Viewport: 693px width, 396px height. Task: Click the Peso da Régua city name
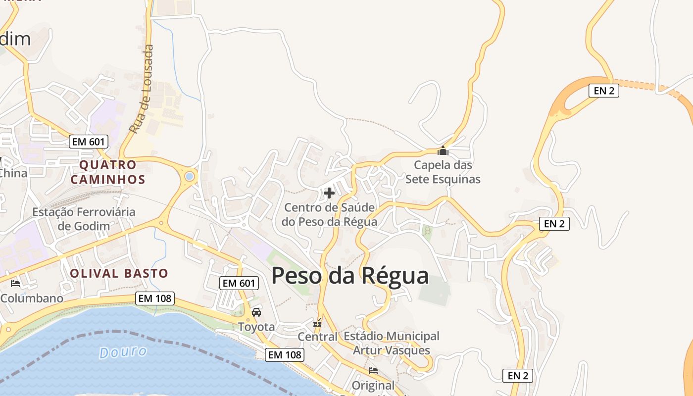coord(350,276)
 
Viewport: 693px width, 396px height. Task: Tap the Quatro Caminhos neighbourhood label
coord(108,172)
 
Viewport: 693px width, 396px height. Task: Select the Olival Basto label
coord(119,273)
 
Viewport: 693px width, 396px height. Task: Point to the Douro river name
coord(123,352)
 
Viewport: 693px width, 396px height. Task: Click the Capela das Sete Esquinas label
coord(443,172)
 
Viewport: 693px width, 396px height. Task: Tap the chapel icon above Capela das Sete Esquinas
coord(443,150)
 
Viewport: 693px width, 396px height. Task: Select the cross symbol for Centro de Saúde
coord(329,193)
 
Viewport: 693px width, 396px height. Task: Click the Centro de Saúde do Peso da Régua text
coord(329,214)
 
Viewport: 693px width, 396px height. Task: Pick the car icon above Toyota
coord(256,312)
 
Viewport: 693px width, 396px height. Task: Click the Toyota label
coord(256,327)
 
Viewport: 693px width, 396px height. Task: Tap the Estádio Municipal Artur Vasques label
coord(391,343)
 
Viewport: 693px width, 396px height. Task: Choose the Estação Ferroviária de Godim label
coord(83,219)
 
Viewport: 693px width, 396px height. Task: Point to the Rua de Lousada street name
coord(142,89)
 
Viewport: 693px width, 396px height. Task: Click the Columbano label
coord(32,298)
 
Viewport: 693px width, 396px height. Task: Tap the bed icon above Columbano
coord(15,284)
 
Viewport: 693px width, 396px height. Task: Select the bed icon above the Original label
coord(373,370)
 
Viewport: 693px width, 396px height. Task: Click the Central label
coord(317,337)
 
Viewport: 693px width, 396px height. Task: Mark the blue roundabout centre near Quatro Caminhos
coord(189,176)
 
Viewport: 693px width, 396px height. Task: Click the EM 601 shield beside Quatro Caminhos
coord(89,142)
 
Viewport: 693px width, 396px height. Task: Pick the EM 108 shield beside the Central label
coord(284,354)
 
